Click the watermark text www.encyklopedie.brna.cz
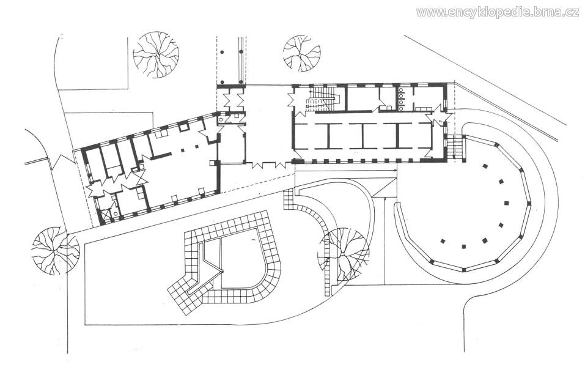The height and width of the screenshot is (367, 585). pos(498,12)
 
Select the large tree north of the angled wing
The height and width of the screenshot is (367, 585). pos(156,54)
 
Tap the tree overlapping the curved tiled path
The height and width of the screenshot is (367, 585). pos(344,254)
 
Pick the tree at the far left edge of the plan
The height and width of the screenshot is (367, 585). pos(55,251)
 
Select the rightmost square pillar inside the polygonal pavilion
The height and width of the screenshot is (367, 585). pos(507,204)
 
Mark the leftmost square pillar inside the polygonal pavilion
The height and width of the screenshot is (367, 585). pos(443,241)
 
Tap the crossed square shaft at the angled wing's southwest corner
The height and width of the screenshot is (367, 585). pos(106,215)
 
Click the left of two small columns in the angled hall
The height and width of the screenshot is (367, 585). pos(182,150)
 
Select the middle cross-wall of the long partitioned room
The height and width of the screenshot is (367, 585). pos(362,136)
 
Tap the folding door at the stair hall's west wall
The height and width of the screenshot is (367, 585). pos(292,100)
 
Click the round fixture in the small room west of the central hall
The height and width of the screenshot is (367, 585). pos(221,119)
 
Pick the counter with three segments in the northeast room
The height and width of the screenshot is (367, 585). pos(424,109)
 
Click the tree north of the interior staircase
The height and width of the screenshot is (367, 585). pos(301,53)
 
